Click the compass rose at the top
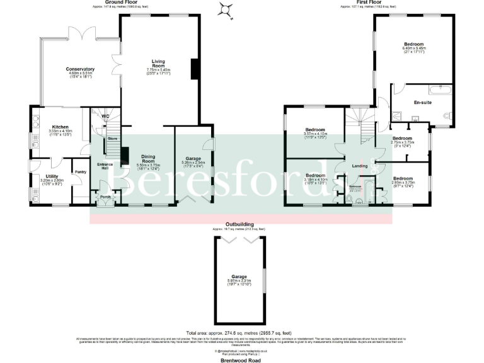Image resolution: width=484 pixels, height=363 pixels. (225, 9)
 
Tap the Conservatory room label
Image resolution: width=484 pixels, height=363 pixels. (80, 69)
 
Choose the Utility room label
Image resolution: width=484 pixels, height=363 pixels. (52, 177)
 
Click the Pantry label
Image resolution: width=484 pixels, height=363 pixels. (80, 171)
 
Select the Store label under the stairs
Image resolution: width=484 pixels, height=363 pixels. (112, 138)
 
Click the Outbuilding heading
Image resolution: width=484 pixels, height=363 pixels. (239, 223)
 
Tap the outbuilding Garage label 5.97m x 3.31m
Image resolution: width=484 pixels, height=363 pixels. (239, 277)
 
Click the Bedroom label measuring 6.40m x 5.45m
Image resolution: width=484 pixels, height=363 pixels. (413, 45)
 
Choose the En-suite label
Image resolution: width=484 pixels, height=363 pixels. (422, 102)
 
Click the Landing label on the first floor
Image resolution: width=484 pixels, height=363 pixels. (360, 166)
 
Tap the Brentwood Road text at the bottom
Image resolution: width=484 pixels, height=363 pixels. (241, 360)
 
